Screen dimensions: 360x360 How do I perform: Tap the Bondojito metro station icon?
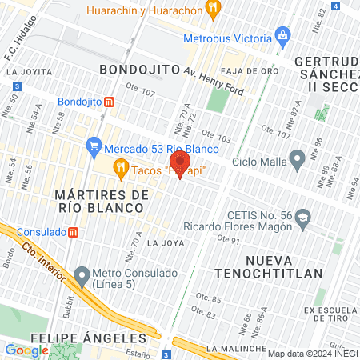(x=110, y=102)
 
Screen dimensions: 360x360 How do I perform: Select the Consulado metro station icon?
(x=73, y=232)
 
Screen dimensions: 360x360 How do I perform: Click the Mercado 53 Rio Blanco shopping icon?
(x=94, y=146)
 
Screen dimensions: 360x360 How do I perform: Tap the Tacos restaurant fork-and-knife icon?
(x=121, y=167)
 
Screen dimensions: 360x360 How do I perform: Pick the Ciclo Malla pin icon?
(x=297, y=159)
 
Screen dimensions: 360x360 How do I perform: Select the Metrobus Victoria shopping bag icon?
(x=282, y=36)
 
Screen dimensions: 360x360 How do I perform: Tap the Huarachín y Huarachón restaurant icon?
(x=212, y=10)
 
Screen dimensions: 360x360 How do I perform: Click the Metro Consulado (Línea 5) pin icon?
(x=81, y=277)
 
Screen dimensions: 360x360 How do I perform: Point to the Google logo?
(x=26, y=350)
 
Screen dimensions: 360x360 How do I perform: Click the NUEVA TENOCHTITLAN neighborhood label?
(x=285, y=267)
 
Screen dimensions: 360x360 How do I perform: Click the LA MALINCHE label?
(x=234, y=349)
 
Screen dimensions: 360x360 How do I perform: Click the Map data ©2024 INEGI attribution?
(x=313, y=354)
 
